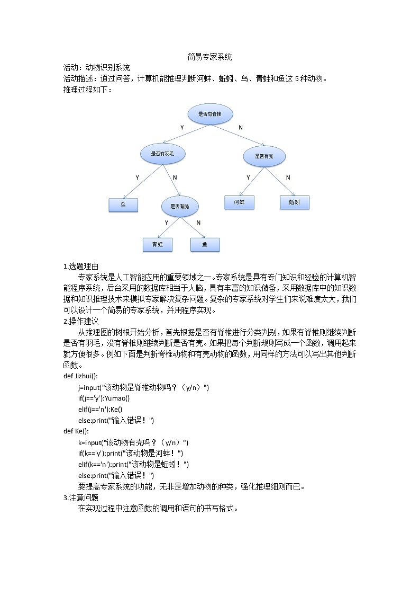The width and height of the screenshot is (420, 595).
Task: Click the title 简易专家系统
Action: coord(209,57)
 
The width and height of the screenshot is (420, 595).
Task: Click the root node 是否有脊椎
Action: coord(210,114)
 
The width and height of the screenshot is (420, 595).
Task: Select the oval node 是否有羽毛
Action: coord(162,154)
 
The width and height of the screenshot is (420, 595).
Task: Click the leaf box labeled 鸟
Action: coord(123,205)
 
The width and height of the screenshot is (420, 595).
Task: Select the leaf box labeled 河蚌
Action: coord(239,202)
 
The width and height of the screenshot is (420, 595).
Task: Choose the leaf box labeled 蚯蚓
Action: coord(294,202)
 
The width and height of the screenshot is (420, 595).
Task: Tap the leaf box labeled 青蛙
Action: coord(158,244)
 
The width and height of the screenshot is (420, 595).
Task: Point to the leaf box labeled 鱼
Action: coord(205,244)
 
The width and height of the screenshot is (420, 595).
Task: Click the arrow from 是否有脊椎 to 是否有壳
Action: coord(238,135)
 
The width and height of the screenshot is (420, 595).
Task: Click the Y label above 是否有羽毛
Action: coord(182,128)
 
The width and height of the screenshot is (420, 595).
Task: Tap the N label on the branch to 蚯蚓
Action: coord(288,177)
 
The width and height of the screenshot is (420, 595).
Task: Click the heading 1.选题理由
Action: coord(80,266)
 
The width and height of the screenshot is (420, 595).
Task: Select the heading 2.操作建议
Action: coord(80,321)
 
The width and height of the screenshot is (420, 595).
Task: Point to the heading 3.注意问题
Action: coord(80,498)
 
